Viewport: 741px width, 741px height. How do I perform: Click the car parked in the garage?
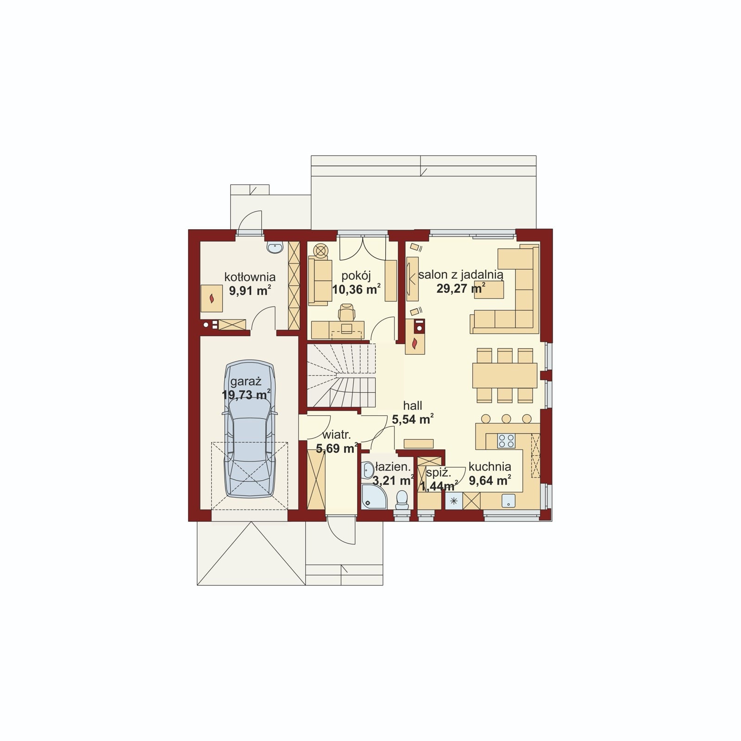point(249,428)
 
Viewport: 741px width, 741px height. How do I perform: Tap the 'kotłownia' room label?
point(250,277)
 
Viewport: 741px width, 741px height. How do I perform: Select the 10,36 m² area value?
point(356,289)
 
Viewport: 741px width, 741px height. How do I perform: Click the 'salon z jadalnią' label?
point(461,274)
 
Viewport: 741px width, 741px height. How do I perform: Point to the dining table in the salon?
point(505,376)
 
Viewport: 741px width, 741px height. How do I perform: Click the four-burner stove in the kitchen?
point(506,440)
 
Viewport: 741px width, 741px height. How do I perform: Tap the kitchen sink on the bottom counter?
point(509,500)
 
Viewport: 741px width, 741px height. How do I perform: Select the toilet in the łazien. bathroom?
point(402,500)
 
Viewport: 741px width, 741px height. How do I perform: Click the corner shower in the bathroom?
point(374,496)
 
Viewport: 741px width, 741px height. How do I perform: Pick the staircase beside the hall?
point(341,375)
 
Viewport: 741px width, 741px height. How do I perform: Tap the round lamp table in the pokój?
point(320,250)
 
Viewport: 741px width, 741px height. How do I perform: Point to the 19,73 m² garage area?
point(246,395)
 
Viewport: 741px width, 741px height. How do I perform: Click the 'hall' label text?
point(412,406)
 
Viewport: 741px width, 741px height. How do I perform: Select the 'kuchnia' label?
point(490,467)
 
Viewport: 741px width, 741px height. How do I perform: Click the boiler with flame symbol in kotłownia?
point(212,298)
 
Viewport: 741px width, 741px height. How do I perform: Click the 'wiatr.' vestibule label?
point(337,435)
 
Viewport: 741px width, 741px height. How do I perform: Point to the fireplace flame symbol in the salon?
point(414,343)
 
